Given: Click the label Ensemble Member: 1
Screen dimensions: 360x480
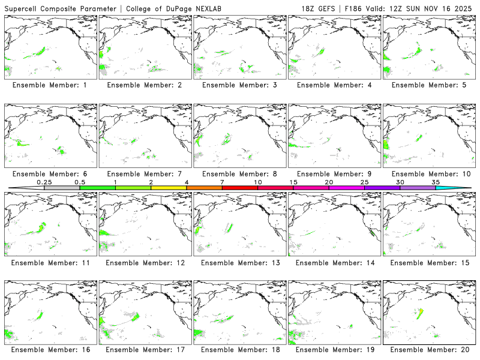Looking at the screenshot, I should coord(49,85).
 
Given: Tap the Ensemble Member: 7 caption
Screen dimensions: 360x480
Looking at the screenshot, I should coord(144,174).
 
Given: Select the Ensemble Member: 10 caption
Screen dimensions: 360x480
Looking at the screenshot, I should coord(428,174).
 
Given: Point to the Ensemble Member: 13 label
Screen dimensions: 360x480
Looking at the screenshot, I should coord(239,262).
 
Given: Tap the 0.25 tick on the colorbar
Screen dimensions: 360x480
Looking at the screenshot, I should coord(44,182).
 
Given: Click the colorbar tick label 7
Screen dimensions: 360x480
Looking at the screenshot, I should coord(222,182).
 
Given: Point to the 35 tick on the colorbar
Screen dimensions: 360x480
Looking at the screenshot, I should coord(436,182).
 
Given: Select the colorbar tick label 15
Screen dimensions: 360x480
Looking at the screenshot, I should coord(293,182).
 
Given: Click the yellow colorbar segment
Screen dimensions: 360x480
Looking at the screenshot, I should coord(169,188).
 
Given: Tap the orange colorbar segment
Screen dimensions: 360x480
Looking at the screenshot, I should coord(204,188).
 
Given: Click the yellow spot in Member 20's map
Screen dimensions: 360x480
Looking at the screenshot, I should coord(421,310).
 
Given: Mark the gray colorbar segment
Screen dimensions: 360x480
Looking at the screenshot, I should coord(62,188).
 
